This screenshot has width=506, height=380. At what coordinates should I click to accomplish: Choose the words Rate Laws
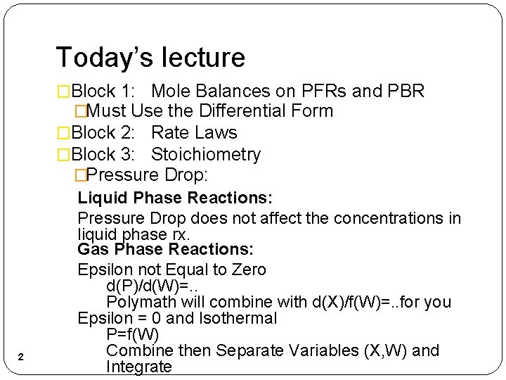[x=194, y=132]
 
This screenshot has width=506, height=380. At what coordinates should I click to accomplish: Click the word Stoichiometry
[x=206, y=154]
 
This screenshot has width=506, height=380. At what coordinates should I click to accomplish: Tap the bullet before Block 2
[x=64, y=132]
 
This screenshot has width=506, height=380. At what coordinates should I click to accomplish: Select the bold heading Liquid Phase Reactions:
[x=175, y=198]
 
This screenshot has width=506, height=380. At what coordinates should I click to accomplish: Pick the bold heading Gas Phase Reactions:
[x=166, y=249]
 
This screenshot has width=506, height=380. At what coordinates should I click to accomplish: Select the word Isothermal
[x=237, y=318]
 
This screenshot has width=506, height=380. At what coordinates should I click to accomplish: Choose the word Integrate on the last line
[x=138, y=367]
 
